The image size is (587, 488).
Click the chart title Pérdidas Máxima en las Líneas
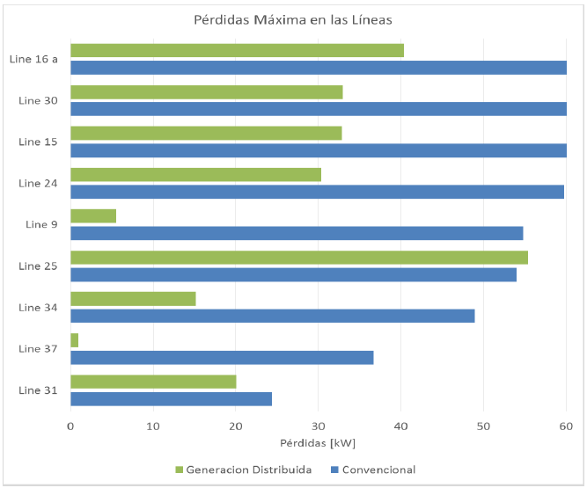(293, 20)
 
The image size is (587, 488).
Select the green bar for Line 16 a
(237, 51)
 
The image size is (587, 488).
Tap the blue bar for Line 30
(318, 109)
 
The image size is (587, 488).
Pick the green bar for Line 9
(93, 216)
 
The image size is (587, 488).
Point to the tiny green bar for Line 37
(75, 340)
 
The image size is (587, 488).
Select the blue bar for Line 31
(171, 398)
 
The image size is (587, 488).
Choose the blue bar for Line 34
(272, 316)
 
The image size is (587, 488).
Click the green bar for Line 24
(195, 175)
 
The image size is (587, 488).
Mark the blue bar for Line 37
(222, 357)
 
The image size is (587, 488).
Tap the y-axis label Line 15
(38, 142)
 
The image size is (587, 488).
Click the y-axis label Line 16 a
(33, 59)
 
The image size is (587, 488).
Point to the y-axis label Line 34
(38, 307)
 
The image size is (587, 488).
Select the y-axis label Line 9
(41, 224)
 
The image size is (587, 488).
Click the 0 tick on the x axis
(70, 426)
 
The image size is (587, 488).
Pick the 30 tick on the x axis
(319, 426)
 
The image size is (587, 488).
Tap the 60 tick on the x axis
(566, 426)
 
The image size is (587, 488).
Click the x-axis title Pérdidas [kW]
(318, 442)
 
